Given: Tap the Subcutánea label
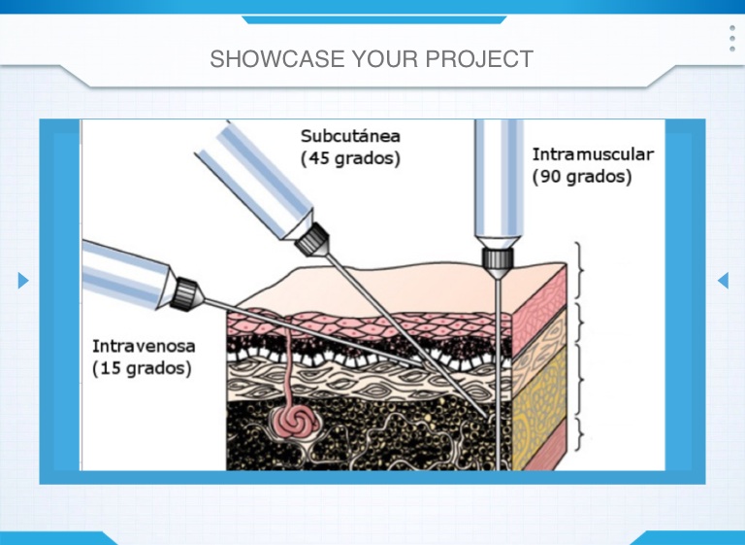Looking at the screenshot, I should [350, 136].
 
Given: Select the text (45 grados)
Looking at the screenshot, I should [350, 158].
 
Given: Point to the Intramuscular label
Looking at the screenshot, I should [593, 154].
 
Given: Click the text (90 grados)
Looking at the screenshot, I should [582, 177].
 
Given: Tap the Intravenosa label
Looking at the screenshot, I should [144, 346].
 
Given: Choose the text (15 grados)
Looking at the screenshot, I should [142, 368].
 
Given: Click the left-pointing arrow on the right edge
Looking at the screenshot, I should [723, 281].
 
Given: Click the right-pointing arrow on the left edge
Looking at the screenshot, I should [23, 281].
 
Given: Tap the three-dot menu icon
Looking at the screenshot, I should [731, 39].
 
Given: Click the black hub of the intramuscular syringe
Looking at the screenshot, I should [497, 257].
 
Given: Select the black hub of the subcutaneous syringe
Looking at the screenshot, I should [313, 236].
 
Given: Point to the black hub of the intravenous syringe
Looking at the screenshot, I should [186, 290].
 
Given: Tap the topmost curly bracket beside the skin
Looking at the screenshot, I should [580, 270].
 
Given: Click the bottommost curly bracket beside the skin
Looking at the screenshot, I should [580, 434].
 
